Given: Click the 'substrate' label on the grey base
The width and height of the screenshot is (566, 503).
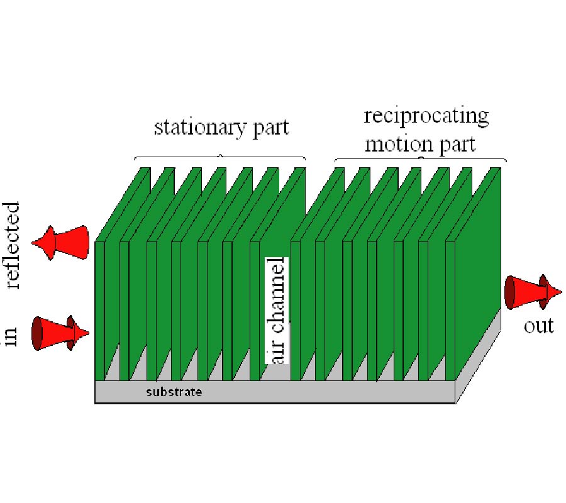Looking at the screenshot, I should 174,392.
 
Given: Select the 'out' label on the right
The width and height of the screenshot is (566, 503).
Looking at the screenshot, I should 539,326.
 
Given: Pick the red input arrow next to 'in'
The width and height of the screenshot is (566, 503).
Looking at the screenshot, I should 60,333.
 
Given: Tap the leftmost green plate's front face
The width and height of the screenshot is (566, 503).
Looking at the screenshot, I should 99,308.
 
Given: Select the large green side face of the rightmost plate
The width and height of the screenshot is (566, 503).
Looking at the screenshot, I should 478,270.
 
